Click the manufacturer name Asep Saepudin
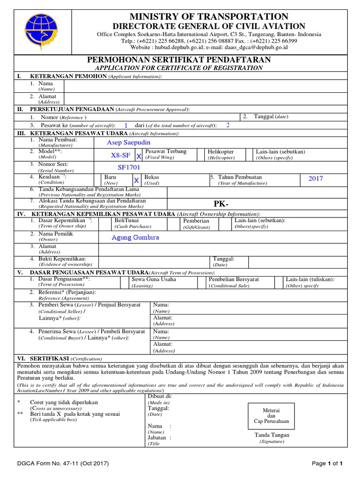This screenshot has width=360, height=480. (129, 142)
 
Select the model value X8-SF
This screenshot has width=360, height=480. (120, 155)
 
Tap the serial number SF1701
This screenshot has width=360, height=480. (129, 167)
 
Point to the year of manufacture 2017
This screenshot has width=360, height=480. (315, 179)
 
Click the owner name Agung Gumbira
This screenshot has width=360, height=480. (135, 237)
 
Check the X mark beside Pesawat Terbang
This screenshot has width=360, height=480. (138, 156)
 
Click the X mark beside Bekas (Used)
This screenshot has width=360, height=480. (136, 180)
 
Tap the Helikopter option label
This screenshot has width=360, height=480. (221, 152)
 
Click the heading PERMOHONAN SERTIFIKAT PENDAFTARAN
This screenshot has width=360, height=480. (180, 60)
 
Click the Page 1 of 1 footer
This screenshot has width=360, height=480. (330, 464)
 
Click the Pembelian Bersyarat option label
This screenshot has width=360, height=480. (234, 279)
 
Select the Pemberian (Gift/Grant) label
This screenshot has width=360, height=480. (196, 221)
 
